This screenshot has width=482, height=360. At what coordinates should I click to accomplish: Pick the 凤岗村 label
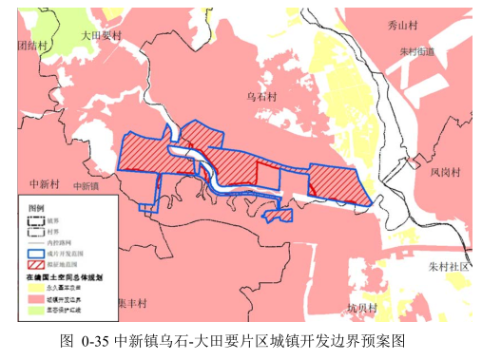[x=444, y=173]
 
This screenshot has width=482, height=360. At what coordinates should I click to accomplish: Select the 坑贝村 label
[x=361, y=308]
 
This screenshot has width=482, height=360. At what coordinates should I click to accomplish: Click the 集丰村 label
[x=131, y=303]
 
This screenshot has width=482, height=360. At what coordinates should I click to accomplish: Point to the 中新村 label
[x=46, y=183]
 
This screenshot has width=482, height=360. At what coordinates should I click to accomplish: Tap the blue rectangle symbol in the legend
[x=35, y=253]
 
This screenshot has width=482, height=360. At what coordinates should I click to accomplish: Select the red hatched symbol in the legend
[x=35, y=264]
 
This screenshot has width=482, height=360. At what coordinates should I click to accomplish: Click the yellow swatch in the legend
[x=35, y=287]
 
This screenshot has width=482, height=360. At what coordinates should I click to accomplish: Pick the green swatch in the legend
[x=35, y=310]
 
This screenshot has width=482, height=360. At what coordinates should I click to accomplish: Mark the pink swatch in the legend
[x=35, y=298]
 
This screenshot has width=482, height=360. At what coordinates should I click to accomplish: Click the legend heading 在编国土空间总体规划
[x=65, y=275]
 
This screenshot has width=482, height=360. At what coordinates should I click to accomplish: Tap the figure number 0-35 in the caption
[x=96, y=339]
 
